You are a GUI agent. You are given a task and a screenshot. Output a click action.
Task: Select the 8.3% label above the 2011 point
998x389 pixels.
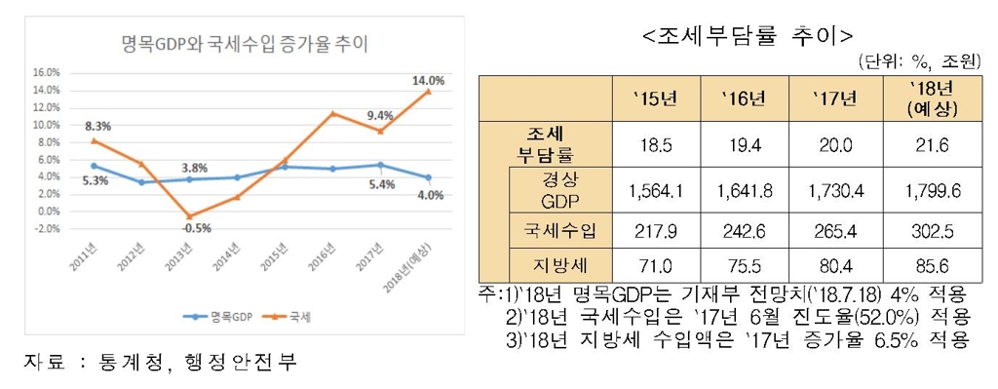click(x=96, y=126)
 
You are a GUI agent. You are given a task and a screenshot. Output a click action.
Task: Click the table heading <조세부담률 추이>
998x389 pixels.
click(x=748, y=36)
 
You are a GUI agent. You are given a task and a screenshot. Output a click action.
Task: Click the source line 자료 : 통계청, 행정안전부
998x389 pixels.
click(x=159, y=362)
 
